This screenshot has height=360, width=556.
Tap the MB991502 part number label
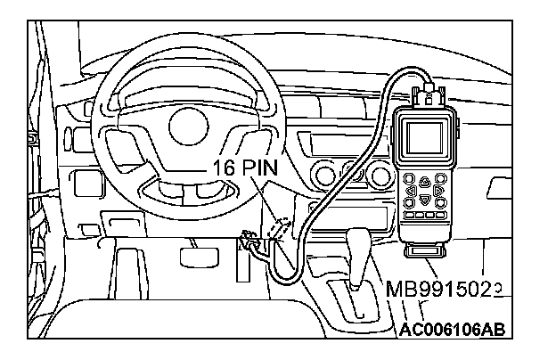click(x=444, y=288)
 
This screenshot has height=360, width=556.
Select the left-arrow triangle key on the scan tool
click(x=409, y=190)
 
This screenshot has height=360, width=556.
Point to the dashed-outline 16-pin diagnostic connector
click(x=275, y=230)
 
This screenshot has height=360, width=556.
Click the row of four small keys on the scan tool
click(x=424, y=216)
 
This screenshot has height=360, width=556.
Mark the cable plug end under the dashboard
click(x=249, y=239)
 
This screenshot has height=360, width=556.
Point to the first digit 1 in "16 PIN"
click(x=217, y=167)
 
